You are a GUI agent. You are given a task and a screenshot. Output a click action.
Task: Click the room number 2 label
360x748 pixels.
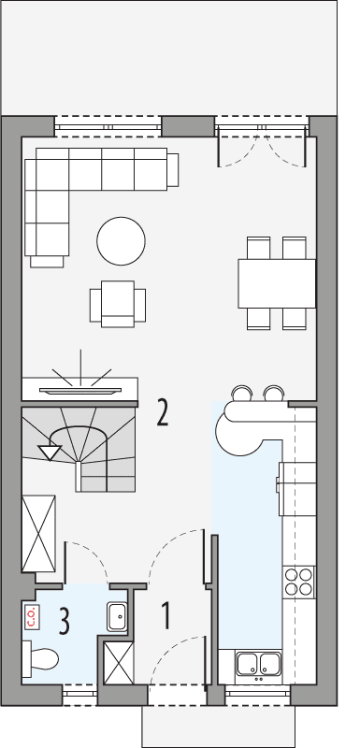click(163, 412)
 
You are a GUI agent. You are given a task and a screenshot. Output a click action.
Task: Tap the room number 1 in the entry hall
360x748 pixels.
click(166, 615)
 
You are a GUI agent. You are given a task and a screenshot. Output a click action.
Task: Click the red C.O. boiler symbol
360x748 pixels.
click(31, 616)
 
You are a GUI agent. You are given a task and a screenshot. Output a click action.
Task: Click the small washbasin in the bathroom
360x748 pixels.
click(119, 616)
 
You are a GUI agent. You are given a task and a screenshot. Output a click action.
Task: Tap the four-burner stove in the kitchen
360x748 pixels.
click(299, 582)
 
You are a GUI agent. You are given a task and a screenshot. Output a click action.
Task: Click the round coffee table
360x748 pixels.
click(121, 240)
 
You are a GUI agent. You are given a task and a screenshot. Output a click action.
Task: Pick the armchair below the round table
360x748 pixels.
click(117, 303)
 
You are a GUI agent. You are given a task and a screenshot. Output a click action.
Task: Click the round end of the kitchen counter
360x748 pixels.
click(237, 428)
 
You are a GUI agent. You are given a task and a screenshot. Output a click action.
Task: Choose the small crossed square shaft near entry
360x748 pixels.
click(119, 662)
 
